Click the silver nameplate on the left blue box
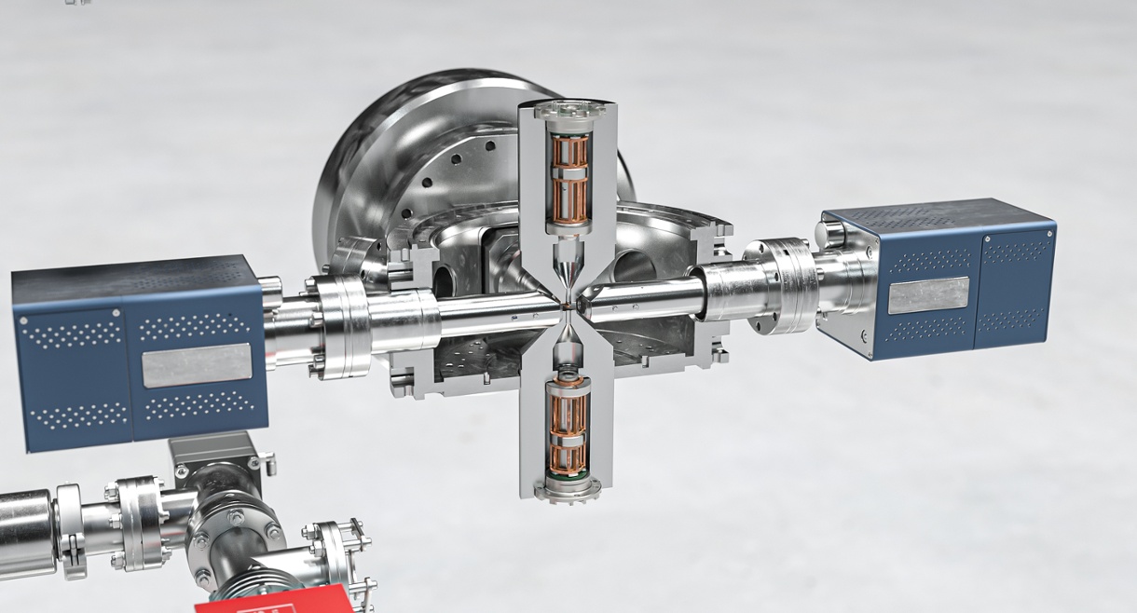click(x=197, y=364)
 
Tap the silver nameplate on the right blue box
click(x=927, y=295)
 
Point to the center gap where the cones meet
click(x=568, y=302)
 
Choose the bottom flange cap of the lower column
click(x=567, y=488)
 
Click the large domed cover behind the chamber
click(x=410, y=149)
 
